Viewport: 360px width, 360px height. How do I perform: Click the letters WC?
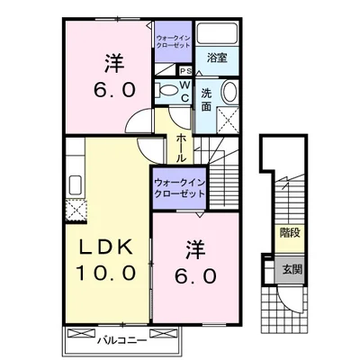(184, 91)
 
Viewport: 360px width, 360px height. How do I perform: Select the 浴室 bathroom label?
(215, 58)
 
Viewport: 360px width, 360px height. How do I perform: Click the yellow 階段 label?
(289, 231)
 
